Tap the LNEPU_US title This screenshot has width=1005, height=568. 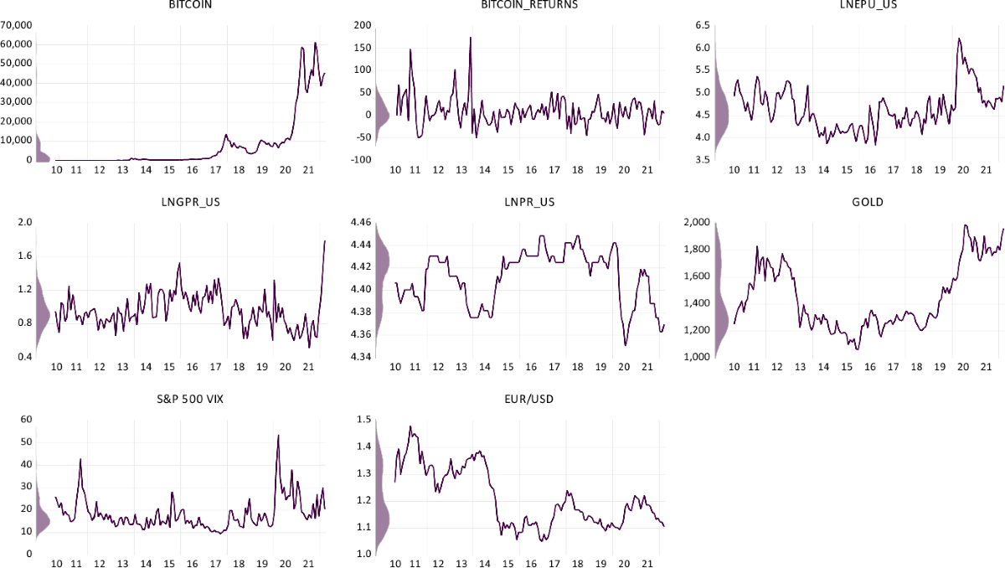point(856,6)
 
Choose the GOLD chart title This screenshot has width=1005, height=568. point(856,203)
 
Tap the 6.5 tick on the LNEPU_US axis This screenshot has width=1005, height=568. point(702,25)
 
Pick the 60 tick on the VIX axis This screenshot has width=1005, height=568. point(25,419)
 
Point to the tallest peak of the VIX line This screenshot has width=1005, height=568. point(278,435)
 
